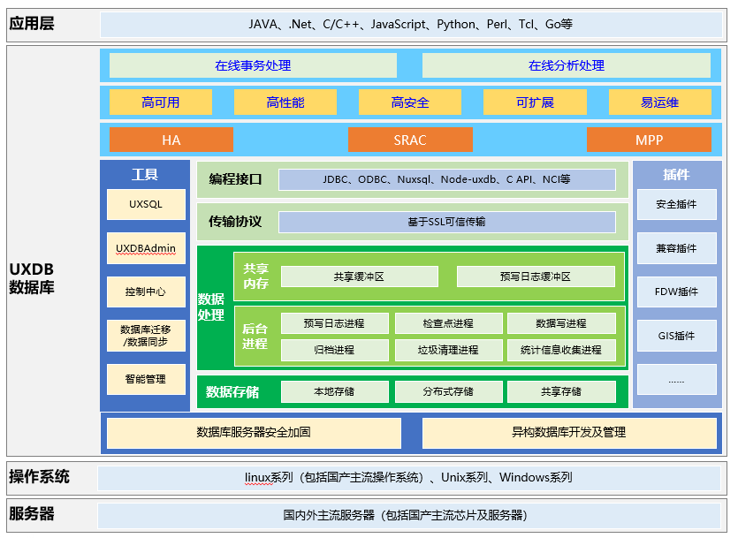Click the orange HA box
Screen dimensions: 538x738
[x=171, y=140]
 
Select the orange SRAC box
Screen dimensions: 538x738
[x=409, y=140]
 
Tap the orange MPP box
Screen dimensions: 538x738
[x=649, y=140]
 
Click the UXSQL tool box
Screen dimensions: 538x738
[x=146, y=204]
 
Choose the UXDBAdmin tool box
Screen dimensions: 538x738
[x=146, y=248]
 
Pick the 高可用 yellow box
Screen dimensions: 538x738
[x=160, y=102]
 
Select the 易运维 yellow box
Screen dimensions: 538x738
[x=659, y=102]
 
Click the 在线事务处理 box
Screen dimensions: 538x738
[x=253, y=65]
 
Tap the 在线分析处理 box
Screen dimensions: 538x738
[x=566, y=65]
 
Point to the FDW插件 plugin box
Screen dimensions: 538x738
[x=676, y=292]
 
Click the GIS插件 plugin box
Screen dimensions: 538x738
[x=676, y=336]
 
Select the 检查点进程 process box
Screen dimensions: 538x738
[x=448, y=323]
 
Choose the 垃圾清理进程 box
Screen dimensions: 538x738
[x=448, y=350]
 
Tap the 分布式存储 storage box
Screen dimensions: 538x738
[x=448, y=391]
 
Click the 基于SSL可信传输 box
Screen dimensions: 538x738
[x=446, y=222]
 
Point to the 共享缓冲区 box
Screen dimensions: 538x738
[x=359, y=277]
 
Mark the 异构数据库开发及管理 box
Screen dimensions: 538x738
[x=568, y=433]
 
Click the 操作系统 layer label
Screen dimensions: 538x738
[x=39, y=477]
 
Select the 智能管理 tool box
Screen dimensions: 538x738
[x=146, y=379]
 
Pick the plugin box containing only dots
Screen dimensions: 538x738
[x=676, y=379]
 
